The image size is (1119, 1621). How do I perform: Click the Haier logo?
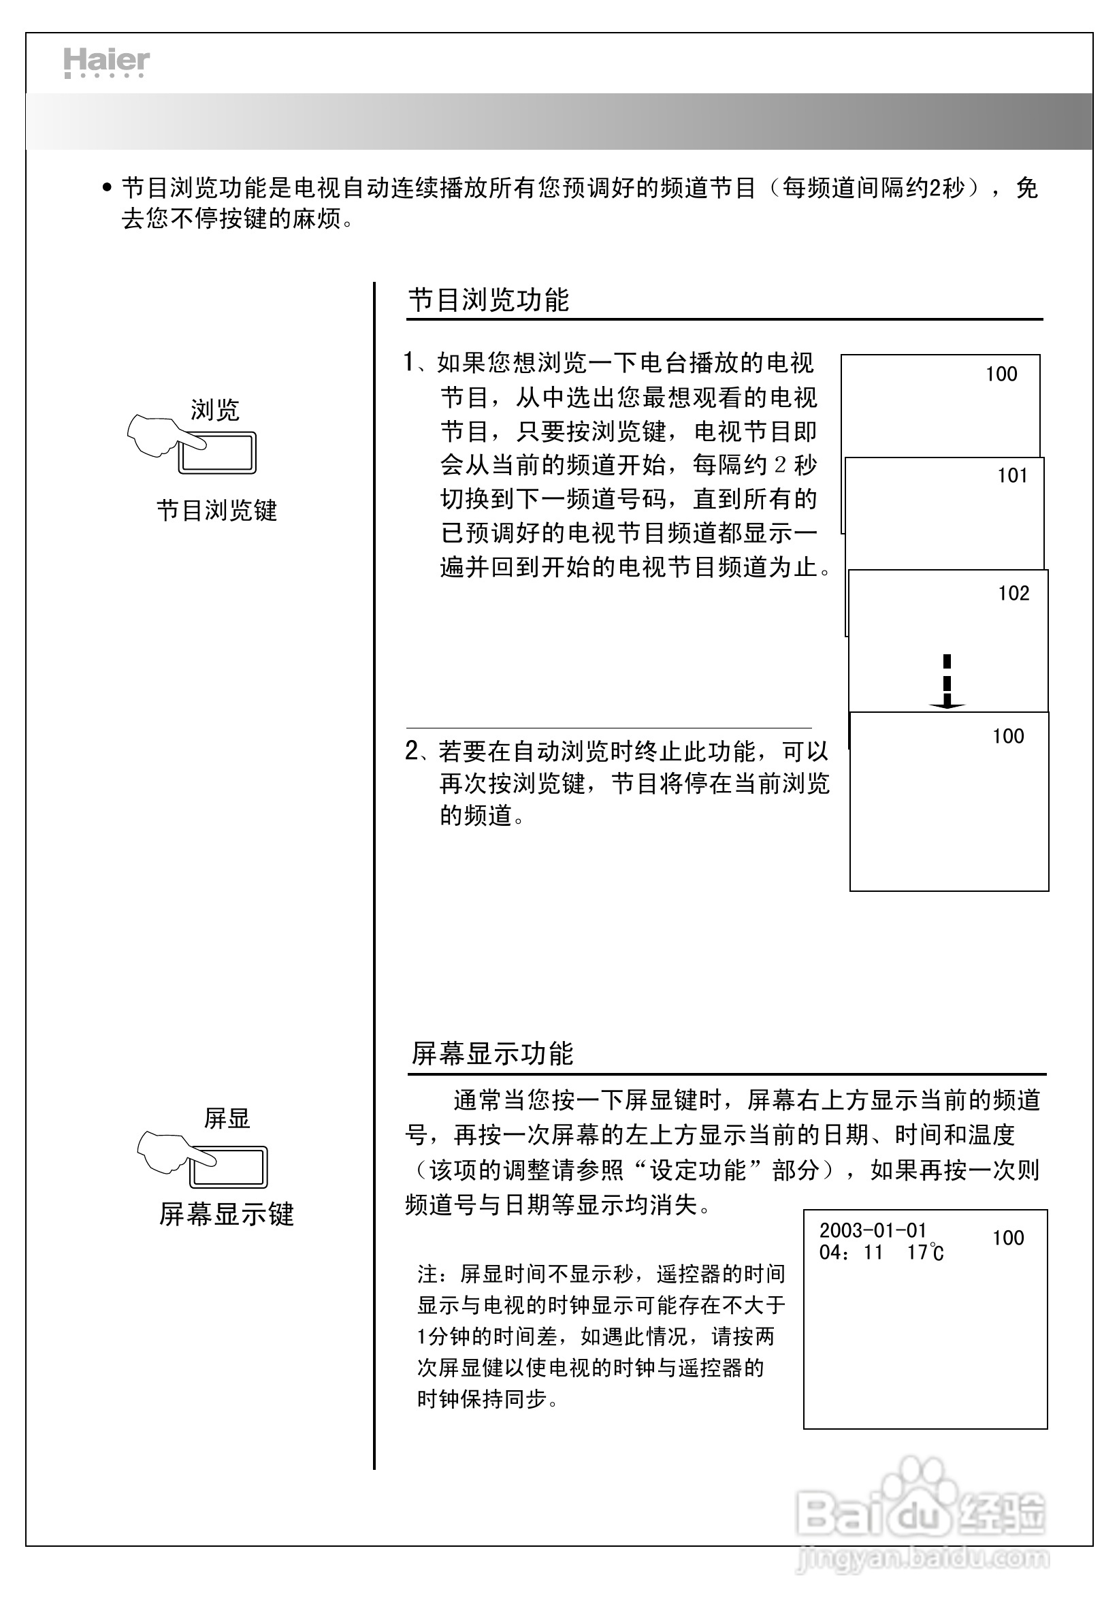107,63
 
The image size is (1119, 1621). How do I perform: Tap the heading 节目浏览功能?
489,300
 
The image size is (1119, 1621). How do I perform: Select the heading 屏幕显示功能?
492,1054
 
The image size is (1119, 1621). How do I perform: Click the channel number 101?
1011,476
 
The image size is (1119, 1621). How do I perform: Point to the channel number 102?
1013,594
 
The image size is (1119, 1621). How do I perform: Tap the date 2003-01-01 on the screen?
873,1230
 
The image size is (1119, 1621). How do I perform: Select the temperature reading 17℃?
925,1253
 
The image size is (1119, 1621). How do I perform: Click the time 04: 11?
850,1253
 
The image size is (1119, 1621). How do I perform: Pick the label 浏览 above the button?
215,410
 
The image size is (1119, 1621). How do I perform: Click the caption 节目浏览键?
216,511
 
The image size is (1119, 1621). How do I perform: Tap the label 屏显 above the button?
227,1119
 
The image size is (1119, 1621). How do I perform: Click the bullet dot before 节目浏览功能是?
107,188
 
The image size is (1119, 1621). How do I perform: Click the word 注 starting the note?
426,1274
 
